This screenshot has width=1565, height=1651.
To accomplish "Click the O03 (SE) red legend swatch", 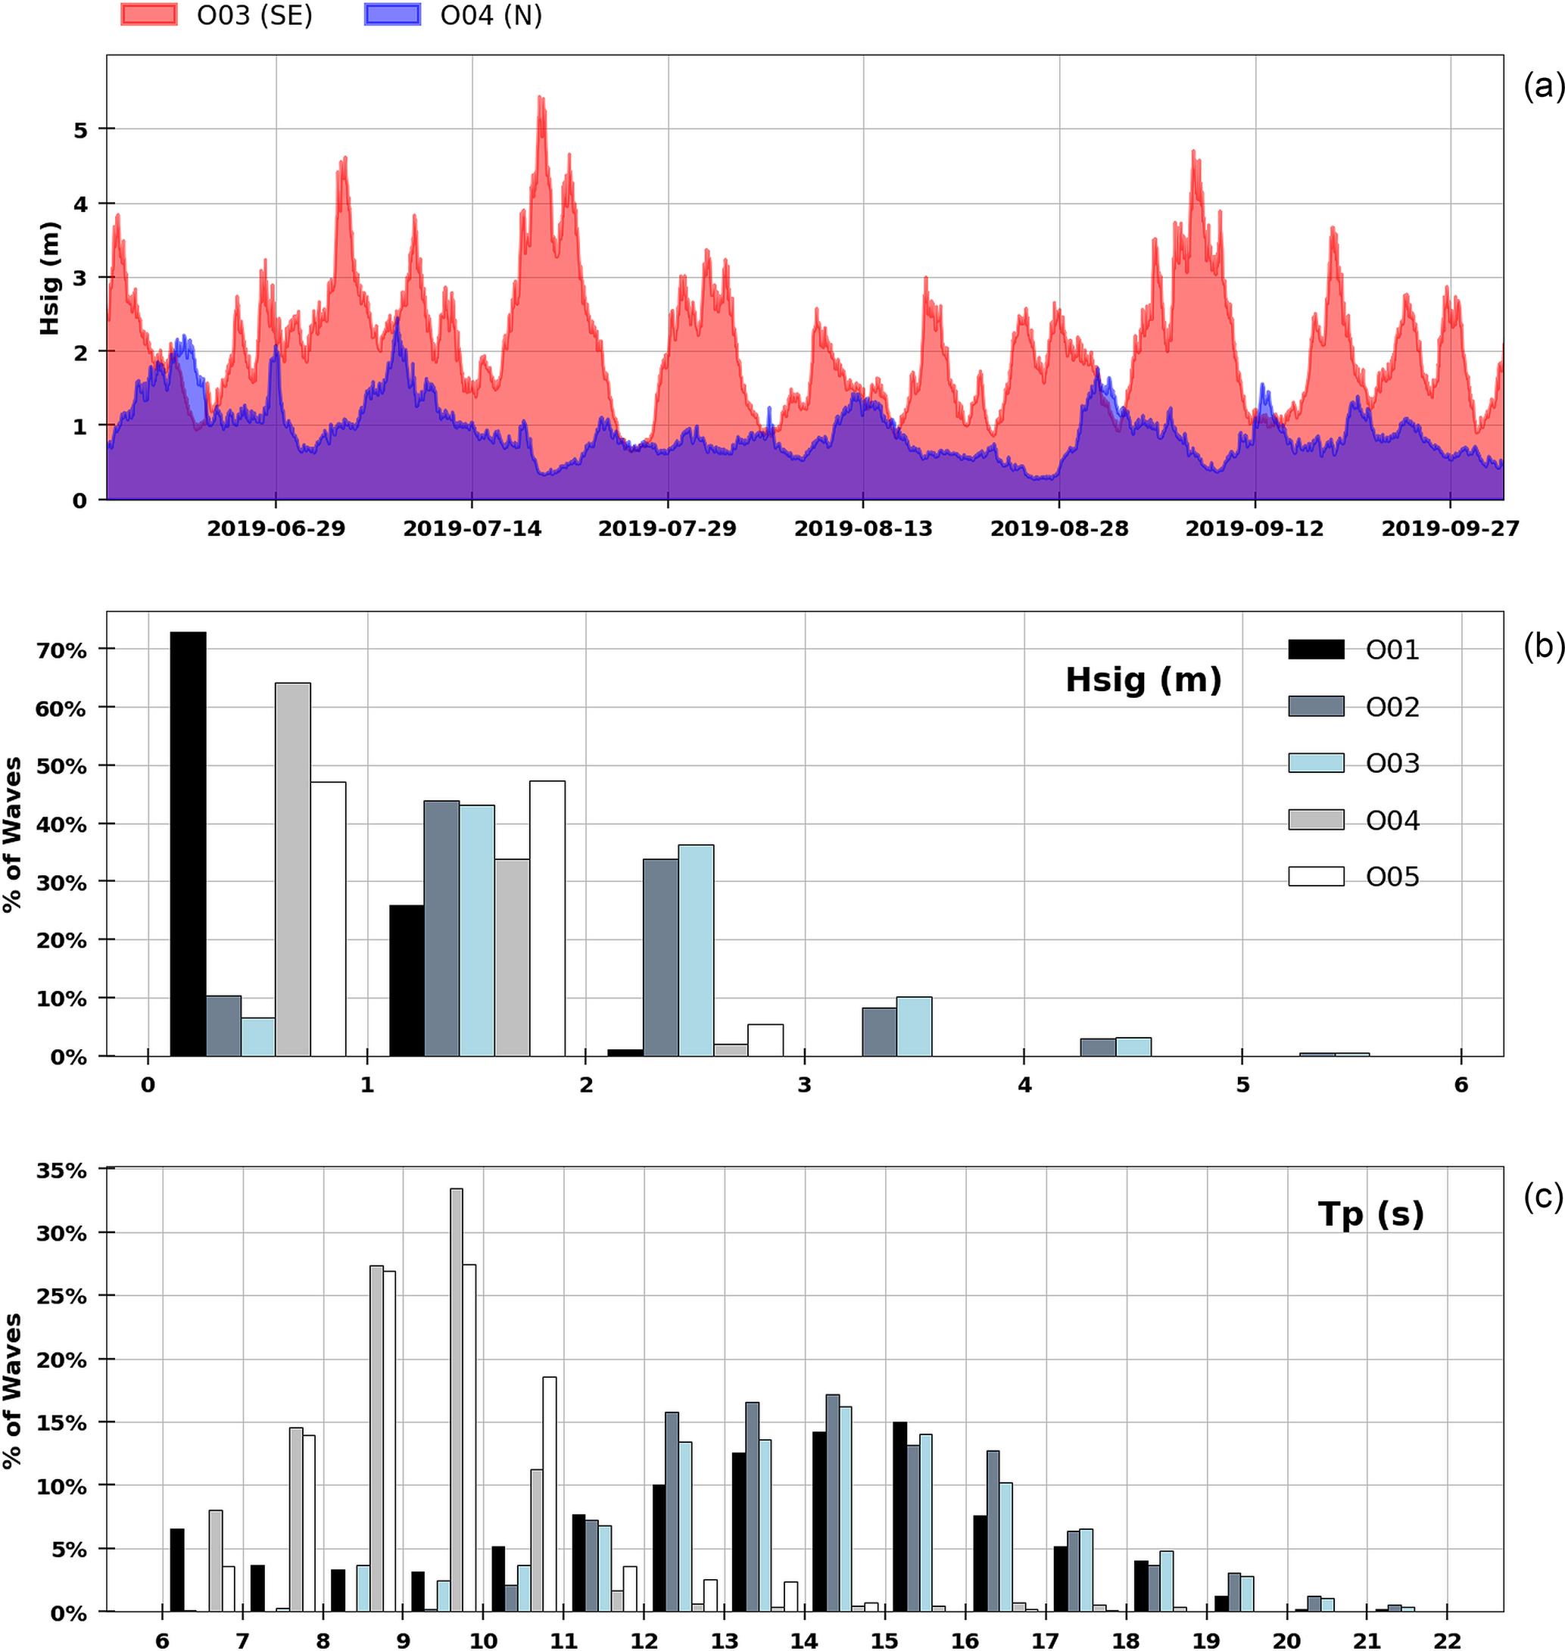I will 148,15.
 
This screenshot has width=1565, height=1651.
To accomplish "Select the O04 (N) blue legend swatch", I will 392,15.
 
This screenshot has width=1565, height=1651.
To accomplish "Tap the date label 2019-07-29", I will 667,529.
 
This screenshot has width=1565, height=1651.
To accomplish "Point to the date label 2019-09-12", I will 1254,529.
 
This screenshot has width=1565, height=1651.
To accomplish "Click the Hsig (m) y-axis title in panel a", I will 50,279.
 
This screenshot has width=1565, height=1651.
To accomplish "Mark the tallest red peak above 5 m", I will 541,100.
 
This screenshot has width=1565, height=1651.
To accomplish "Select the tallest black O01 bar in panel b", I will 189,843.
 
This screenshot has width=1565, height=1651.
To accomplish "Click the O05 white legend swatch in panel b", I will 1316,877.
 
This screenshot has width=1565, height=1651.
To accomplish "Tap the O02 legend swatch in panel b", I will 1316,706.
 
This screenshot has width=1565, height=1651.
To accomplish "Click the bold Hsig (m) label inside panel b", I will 1143,680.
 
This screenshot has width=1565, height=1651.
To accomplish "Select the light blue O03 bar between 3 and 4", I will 915,1026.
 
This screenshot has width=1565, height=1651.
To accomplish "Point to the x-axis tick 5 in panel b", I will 1242,1086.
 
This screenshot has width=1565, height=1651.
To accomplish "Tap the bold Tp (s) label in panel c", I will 1370,1214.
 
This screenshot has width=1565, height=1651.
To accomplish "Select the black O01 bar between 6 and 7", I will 177,1568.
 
